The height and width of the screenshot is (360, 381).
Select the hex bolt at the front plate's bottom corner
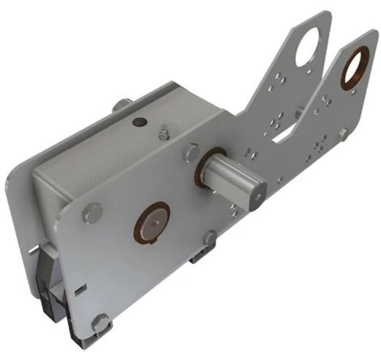(100, 320)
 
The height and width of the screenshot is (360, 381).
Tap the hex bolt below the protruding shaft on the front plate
(211, 238)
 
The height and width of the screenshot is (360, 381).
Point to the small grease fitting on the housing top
(163, 134)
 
